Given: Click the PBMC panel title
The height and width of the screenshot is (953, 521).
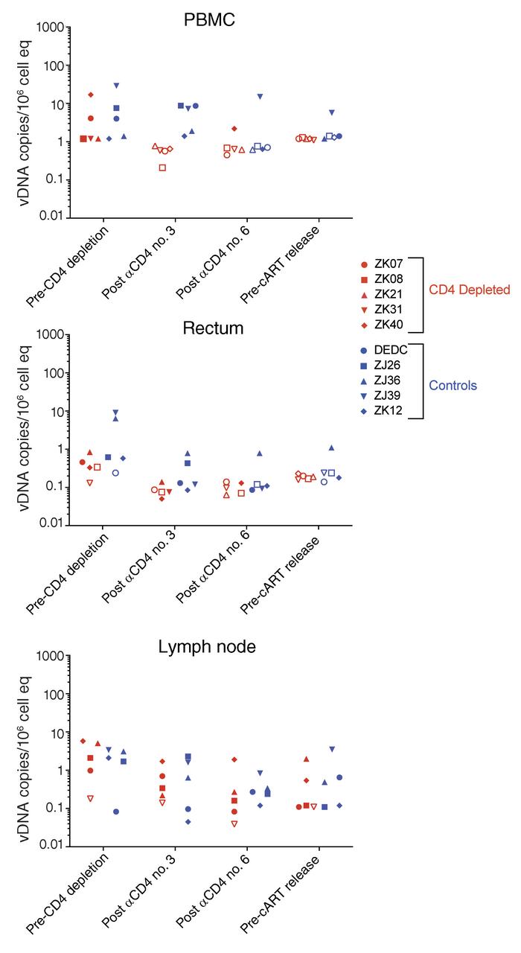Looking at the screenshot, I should tap(209, 20).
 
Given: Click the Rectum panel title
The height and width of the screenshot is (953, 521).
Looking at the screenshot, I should tap(209, 328).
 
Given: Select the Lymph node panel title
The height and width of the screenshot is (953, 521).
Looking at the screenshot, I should tap(207, 647).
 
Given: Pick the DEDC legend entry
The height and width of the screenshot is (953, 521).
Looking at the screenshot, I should tap(390, 349).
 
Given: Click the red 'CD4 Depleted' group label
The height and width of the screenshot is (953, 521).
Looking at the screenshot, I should tap(468, 290).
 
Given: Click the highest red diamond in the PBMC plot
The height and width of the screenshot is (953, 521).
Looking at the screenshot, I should tap(91, 95).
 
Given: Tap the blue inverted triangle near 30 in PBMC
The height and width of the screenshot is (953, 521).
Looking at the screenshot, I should tap(116, 86).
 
